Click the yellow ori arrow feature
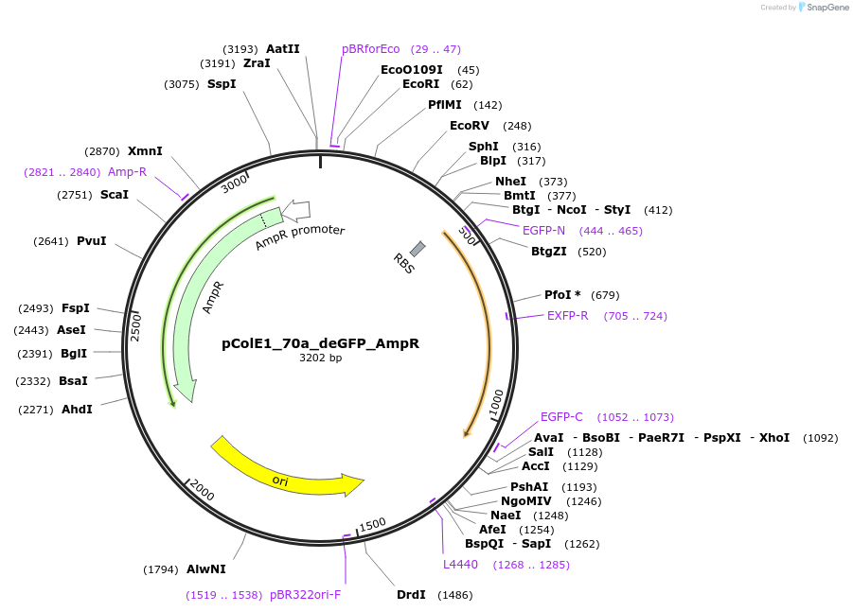click(x=284, y=468)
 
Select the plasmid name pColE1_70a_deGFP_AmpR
click(x=320, y=343)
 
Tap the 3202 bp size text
click(x=320, y=358)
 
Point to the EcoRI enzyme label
click(x=420, y=84)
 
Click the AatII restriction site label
click(x=282, y=48)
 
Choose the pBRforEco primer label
click(x=371, y=48)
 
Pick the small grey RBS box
click(x=417, y=249)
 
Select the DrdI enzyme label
click(x=411, y=595)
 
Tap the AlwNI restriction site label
click(x=205, y=569)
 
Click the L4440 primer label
click(x=460, y=565)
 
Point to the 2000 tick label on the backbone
click(x=203, y=490)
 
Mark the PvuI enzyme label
click(x=91, y=240)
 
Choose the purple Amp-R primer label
click(x=127, y=172)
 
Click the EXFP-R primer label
click(x=567, y=316)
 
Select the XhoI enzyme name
click(x=773, y=438)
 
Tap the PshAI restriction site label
click(x=529, y=486)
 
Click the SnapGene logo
click(x=824, y=8)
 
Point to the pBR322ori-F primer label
click(x=305, y=595)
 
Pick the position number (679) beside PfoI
click(x=604, y=295)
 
